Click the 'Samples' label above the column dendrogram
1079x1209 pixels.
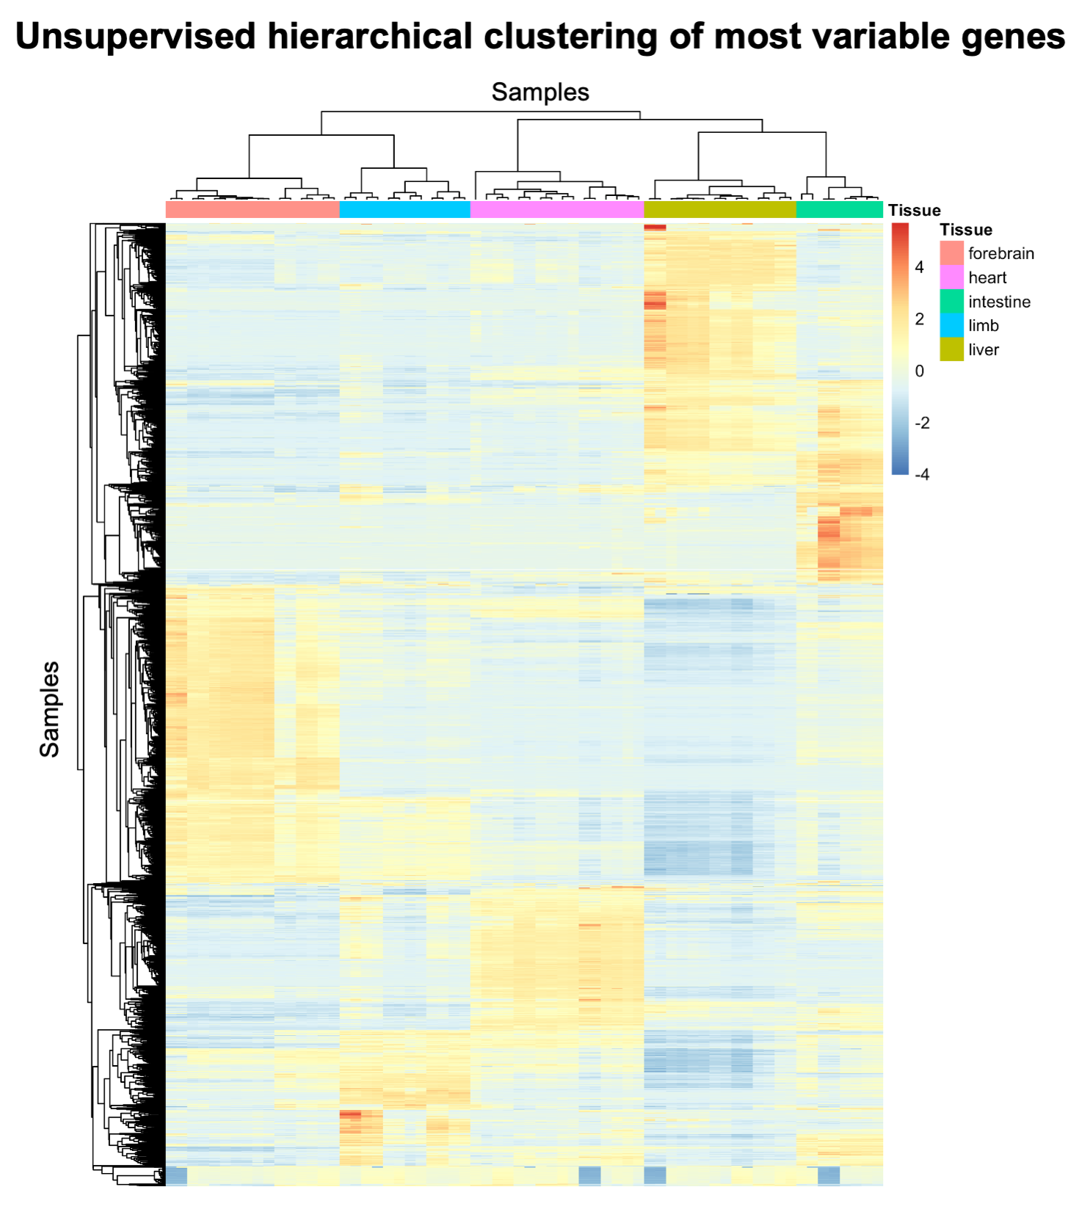[540, 92]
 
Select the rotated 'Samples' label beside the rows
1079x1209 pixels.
[49, 709]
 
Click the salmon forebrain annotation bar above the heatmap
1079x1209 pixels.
[253, 210]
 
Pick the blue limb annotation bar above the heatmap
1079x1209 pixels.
[404, 210]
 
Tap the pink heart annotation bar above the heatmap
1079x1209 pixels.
[556, 210]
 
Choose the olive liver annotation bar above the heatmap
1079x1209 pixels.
[719, 210]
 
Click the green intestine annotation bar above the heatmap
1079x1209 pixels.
[839, 210]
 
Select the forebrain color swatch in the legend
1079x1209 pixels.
[951, 253]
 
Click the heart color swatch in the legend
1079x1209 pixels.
[951, 277]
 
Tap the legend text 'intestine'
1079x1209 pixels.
[999, 302]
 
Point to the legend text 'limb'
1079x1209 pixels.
[984, 326]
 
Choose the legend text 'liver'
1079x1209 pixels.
[984, 350]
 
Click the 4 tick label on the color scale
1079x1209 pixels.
[919, 268]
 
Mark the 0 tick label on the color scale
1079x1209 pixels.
[919, 371]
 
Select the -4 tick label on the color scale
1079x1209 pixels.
[922, 475]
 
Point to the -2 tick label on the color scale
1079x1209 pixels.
[922, 423]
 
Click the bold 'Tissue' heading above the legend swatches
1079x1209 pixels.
[966, 230]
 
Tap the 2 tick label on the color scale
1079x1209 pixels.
[919, 319]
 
